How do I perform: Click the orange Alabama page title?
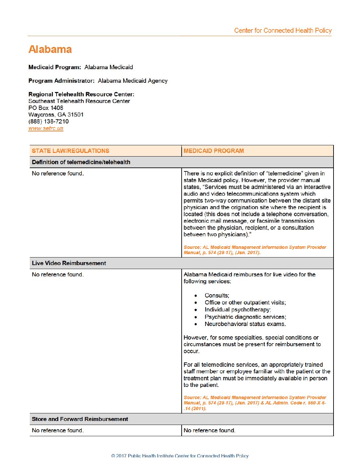[x=50, y=49]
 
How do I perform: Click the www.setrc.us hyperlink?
[x=46, y=128]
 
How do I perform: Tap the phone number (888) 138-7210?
[x=48, y=121]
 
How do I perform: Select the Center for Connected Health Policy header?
[x=283, y=30]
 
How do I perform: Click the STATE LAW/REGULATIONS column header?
[x=70, y=151]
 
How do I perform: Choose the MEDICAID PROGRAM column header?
[x=214, y=151]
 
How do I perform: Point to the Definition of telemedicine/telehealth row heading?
[x=81, y=162]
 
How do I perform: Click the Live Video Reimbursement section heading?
[x=69, y=263]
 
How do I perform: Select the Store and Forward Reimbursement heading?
[x=80, y=419]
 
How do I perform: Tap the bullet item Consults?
[x=217, y=296]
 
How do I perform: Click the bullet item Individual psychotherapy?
[x=238, y=310]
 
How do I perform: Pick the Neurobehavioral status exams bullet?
[x=245, y=324]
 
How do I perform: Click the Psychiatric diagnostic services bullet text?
[x=245, y=317]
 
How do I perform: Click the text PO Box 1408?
[x=46, y=108]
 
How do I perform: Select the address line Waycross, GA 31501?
[x=56, y=115]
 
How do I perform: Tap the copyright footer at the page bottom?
[x=180, y=456]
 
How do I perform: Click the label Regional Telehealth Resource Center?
[x=81, y=94]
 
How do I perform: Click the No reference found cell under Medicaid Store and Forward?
[x=209, y=430]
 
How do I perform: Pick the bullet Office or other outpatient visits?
[x=245, y=303]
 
